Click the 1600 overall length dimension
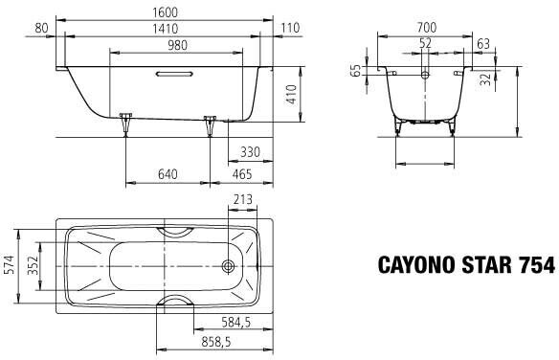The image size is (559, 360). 165,12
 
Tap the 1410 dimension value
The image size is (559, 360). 165,29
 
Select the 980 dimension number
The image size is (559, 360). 177,45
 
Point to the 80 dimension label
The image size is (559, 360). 41,28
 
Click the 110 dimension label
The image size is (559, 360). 290,28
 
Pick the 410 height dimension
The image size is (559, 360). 292,94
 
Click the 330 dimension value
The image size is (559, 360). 250,152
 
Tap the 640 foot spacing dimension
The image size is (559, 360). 168,174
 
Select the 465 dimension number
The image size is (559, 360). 242,174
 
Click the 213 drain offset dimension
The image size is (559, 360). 242,199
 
